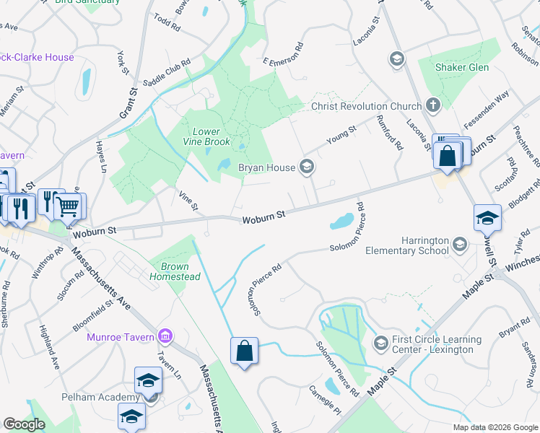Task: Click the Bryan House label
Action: (266, 167)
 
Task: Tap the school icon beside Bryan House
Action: (307, 167)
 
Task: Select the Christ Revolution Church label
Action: (366, 106)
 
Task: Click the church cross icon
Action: (433, 106)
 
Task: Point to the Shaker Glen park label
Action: (462, 67)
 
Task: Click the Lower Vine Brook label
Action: (211, 137)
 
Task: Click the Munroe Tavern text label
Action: (121, 337)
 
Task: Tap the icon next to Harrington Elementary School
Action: (459, 245)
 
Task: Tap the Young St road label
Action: (341, 135)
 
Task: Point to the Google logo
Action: (24, 424)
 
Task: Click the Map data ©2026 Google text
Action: (495, 427)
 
